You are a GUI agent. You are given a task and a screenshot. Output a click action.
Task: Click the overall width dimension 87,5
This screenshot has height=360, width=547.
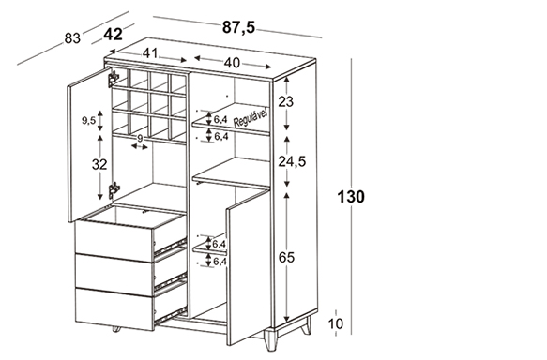239,27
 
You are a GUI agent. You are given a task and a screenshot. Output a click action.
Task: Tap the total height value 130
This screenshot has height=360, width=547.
351,197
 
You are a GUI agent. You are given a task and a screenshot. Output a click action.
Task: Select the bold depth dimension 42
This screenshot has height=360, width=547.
114,35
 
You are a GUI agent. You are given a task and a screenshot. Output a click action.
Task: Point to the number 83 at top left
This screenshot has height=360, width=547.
72,38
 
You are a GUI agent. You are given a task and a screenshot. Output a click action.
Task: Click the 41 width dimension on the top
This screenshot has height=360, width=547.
150,53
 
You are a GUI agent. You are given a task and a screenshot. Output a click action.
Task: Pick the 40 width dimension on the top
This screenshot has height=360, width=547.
233,63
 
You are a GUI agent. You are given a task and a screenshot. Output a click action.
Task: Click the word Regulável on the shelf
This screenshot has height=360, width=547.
251,118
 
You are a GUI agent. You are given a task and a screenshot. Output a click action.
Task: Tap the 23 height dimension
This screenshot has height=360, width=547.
286,102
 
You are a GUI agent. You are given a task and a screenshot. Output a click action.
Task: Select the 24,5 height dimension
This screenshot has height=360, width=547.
292,161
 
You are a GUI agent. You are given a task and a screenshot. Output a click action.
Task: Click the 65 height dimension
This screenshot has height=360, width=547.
286,258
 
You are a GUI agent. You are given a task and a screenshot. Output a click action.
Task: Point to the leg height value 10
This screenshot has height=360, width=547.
336,324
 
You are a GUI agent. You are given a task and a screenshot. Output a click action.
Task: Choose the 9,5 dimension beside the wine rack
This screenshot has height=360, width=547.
88,121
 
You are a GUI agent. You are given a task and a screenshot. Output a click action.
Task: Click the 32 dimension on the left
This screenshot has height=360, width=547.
99,164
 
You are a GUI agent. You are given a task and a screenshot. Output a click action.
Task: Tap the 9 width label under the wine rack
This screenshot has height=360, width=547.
140,139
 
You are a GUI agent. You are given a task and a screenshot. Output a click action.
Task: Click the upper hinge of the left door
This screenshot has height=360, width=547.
113,79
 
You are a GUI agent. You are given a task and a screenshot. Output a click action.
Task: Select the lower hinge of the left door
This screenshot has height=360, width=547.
114,190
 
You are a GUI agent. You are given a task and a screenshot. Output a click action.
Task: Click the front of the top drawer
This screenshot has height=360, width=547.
114,242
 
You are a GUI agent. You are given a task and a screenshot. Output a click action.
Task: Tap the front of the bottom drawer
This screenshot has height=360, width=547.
114,309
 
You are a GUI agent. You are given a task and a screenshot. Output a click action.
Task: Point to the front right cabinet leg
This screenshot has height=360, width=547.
271,339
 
